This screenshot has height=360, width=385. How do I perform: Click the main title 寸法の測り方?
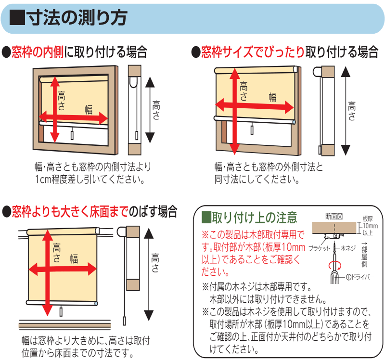pos(77,18)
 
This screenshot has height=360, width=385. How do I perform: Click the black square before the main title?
pos(17,18)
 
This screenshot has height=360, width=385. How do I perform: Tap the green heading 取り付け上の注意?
pos(255,218)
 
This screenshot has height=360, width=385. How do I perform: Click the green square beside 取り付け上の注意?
pos(206,218)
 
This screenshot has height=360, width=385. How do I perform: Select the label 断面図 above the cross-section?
pos(334,217)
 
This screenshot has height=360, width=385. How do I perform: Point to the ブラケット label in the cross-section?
pos(319,248)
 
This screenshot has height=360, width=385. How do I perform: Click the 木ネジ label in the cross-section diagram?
pos(348,248)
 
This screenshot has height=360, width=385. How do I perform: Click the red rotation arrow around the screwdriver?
pos(335,265)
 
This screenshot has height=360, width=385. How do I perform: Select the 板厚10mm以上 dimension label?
pos(370,226)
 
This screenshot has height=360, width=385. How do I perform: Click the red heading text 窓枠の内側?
pos(38,52)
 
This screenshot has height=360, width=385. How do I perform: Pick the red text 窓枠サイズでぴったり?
pos(253,52)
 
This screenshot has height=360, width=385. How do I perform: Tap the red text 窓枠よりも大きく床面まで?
pos(70,211)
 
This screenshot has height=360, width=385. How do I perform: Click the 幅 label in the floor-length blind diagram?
pos(74,259)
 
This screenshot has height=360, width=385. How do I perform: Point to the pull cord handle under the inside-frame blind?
pos(72,135)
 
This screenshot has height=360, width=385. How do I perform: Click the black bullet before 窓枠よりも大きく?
pos(6,212)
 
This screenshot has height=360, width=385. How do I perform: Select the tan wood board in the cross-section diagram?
pos(334,228)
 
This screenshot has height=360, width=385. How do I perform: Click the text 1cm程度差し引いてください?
pos(90,180)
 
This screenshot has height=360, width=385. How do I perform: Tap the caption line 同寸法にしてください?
pos(257,179)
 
